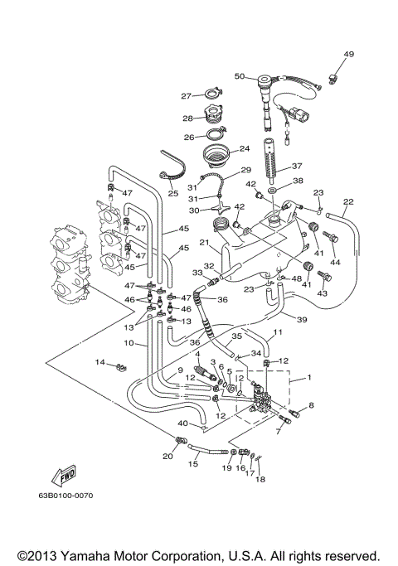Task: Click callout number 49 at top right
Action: tap(348, 55)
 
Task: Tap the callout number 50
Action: tap(239, 76)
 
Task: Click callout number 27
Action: tap(187, 95)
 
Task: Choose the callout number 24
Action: tap(244, 149)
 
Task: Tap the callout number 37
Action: tap(297, 165)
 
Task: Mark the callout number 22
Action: tap(348, 201)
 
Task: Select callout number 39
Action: tap(302, 320)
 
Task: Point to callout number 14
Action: tap(99, 362)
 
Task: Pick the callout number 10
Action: tap(129, 342)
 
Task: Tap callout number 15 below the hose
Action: tap(193, 464)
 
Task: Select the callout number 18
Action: tap(260, 480)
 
